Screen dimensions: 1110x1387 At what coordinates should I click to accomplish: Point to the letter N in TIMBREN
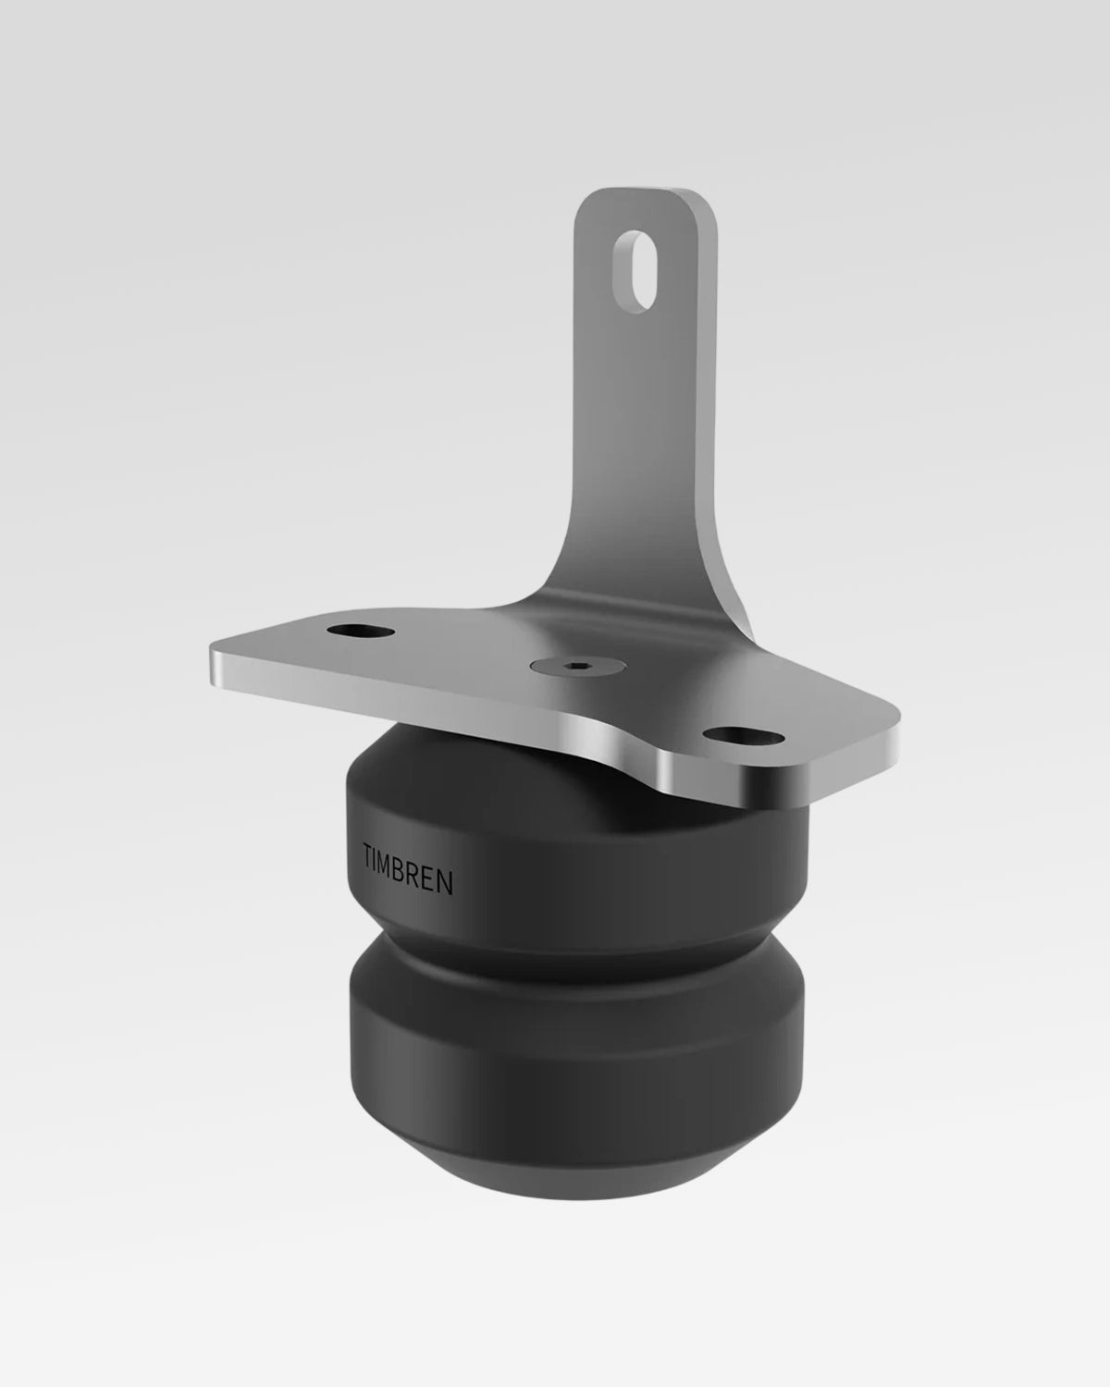click(445, 882)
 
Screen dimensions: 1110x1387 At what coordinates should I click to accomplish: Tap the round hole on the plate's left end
click(360, 630)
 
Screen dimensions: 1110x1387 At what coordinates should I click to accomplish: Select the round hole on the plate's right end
click(743, 735)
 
